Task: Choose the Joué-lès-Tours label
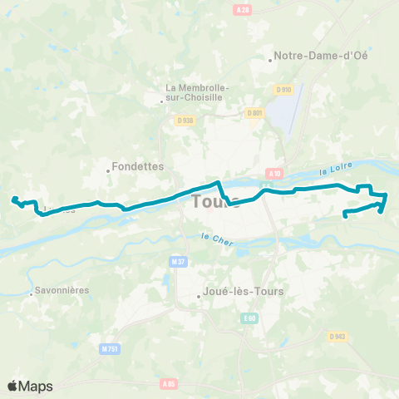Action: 244,292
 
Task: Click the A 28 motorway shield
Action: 243,9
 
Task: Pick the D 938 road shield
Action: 185,121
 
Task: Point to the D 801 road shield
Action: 254,113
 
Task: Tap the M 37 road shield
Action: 176,262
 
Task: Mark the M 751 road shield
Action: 110,349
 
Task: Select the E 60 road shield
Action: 249,318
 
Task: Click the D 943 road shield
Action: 337,336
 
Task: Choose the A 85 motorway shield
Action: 169,384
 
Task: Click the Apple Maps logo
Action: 30,386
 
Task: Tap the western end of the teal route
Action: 12,198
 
